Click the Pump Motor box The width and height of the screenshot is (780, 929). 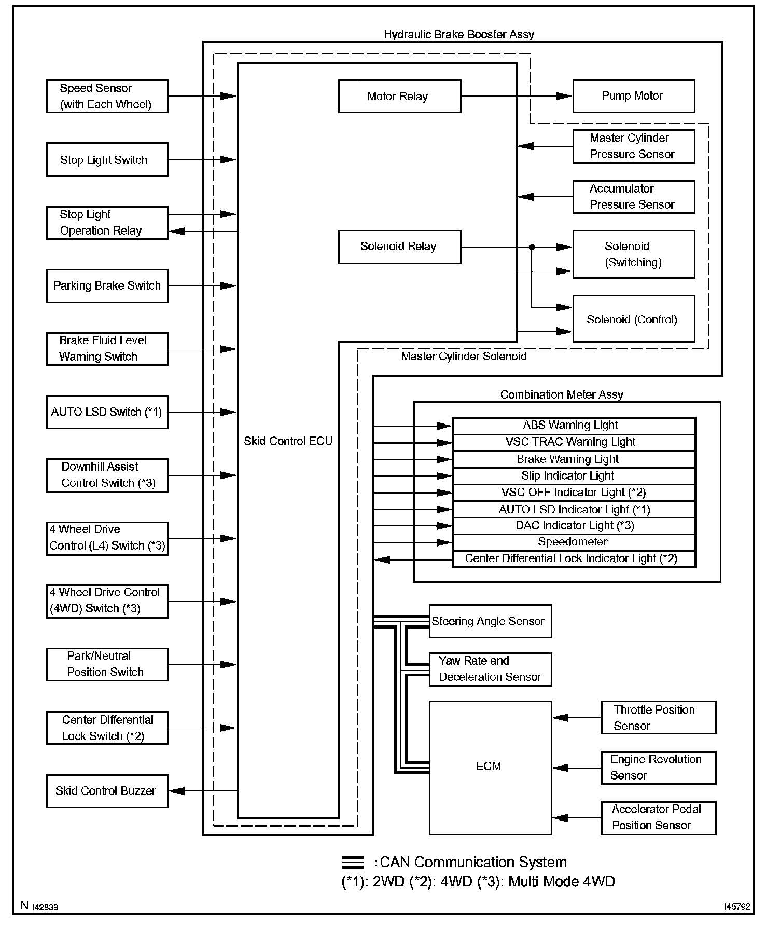point(633,96)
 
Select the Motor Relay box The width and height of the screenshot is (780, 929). point(399,96)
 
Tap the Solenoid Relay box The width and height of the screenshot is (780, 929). point(399,247)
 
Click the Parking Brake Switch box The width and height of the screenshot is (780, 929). point(107,285)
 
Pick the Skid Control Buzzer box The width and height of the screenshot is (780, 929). point(107,790)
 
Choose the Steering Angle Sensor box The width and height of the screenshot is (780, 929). point(490,621)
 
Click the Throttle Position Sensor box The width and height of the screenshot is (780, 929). point(658,717)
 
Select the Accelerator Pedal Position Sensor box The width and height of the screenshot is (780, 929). point(658,817)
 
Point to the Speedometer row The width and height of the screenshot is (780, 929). point(573,542)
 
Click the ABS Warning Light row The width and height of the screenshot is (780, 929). point(573,426)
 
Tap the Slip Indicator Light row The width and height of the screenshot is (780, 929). point(573,475)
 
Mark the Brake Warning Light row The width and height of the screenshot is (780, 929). point(573,459)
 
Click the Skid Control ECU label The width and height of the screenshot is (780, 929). point(288,441)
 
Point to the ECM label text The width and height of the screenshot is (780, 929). point(489,766)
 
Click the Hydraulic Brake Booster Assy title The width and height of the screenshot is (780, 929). point(458,34)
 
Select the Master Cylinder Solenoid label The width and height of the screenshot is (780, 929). point(464,356)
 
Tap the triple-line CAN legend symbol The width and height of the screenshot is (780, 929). point(353,862)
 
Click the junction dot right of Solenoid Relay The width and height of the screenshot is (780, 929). point(532,247)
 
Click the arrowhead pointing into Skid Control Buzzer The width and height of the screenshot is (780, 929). point(177,790)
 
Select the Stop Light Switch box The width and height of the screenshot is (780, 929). point(107,160)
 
